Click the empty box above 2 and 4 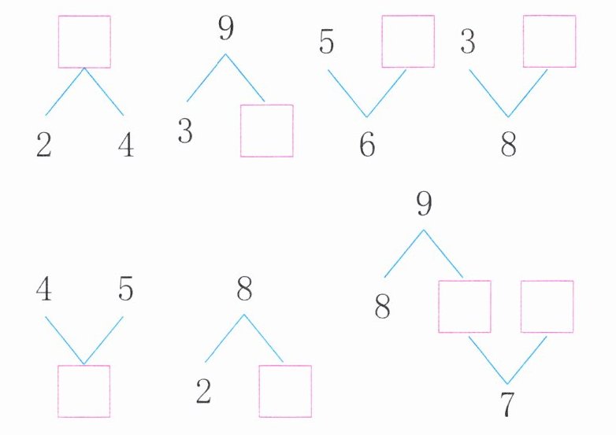tap(84, 42)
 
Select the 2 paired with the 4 tap(44, 146)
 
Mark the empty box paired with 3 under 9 tap(267, 131)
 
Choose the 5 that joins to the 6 tap(328, 42)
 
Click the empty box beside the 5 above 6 tap(408, 42)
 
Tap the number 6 tap(367, 146)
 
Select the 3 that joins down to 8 tap(468, 42)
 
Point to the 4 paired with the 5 tap(44, 290)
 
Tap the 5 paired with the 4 tap(125, 290)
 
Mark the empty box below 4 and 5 tap(84, 391)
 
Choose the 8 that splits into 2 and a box tap(244, 290)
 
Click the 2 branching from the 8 tap(203, 392)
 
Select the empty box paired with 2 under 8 tap(285, 391)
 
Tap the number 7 tap(508, 404)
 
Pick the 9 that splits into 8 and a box tap(424, 204)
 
